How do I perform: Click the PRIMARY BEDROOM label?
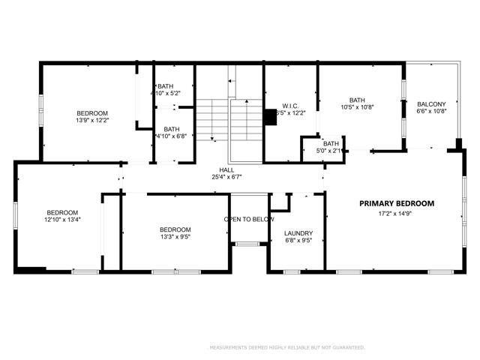click(x=396, y=203)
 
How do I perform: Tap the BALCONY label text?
click(x=431, y=104)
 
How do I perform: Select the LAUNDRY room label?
click(x=298, y=233)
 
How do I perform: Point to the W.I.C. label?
click(x=291, y=106)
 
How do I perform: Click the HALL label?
click(x=226, y=170)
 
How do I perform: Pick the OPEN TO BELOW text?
click(x=249, y=219)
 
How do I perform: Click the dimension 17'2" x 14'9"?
click(x=396, y=214)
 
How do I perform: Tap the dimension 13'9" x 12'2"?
click(x=92, y=120)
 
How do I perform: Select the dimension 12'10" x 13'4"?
click(x=62, y=220)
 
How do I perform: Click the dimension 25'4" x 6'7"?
click(x=226, y=178)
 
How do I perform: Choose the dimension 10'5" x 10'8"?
click(x=357, y=107)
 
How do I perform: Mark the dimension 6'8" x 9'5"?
click(x=298, y=241)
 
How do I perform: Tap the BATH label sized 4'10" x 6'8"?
click(x=172, y=128)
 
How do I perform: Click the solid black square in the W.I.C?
click(x=270, y=118)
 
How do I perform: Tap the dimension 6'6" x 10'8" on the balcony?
click(x=431, y=112)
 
